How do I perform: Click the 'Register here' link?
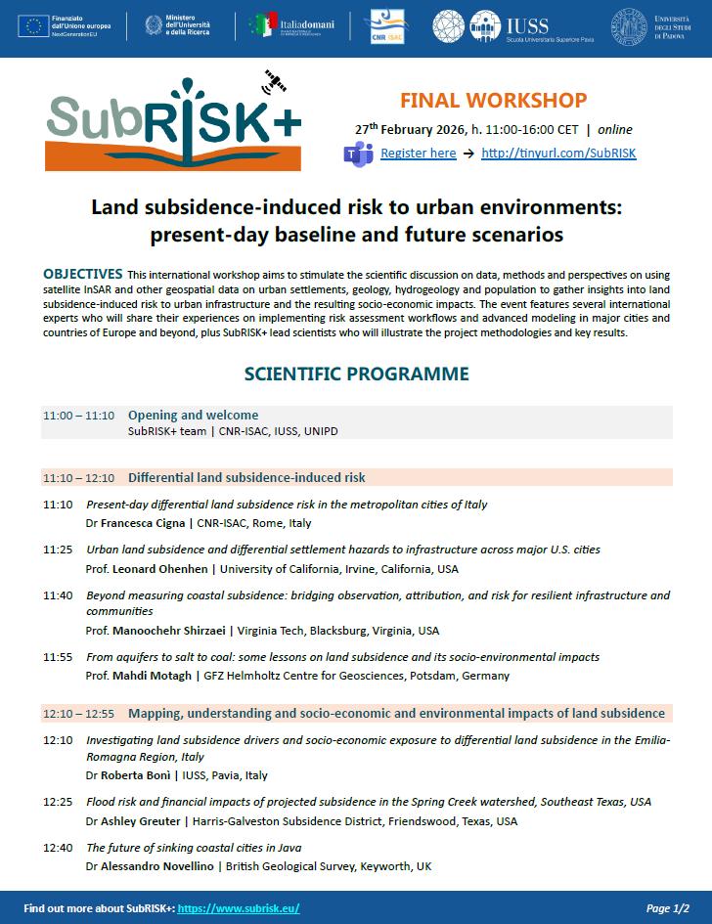point(418,154)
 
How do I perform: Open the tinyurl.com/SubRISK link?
point(559,154)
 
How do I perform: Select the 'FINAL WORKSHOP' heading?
point(494,101)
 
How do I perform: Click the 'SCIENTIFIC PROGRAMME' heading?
point(356,374)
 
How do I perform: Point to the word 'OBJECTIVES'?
point(83,273)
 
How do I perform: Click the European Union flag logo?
point(33,26)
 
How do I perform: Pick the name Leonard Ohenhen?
point(162,568)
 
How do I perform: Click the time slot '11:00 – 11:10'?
point(79,416)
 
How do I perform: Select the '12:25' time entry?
point(58,802)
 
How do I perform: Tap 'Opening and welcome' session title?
point(193,415)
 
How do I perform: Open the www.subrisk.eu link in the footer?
point(240,908)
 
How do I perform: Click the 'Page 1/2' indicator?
point(668,908)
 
